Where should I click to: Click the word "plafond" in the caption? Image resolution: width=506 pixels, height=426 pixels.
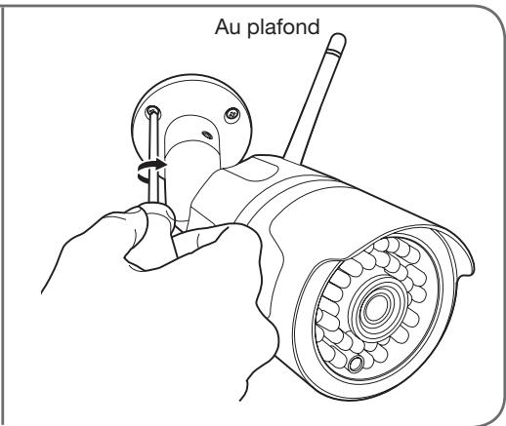coord(283,27)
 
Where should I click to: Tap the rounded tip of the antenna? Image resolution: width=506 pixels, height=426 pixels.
coord(339,37)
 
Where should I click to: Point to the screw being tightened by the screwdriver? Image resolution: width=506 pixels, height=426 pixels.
coord(153,113)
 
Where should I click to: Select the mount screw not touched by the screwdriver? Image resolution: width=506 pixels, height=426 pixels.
coord(232,114)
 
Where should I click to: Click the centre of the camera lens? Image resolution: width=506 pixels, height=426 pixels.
coord(378,305)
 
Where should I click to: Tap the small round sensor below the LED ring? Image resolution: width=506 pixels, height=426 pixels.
coord(356,364)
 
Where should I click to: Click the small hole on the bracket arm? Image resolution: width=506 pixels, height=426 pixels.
coord(207,135)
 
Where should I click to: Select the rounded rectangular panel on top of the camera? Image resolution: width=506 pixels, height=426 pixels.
coord(254,169)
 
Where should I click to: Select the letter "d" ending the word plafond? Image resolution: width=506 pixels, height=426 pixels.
coord(313,26)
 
